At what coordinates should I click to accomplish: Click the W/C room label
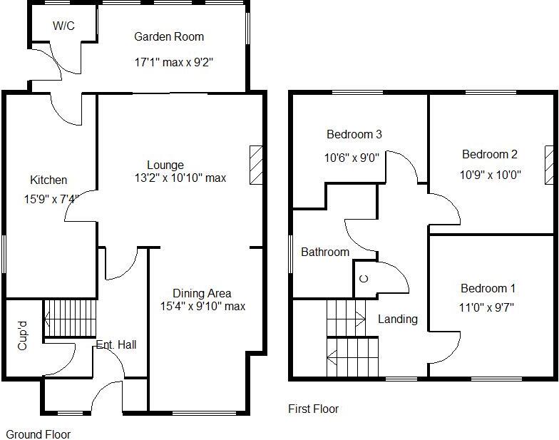click(x=63, y=26)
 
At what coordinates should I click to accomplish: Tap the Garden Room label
click(x=169, y=37)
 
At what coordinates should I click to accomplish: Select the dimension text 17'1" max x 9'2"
click(x=173, y=62)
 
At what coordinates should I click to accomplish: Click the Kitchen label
click(x=48, y=180)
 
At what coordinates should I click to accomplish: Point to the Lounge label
click(x=165, y=165)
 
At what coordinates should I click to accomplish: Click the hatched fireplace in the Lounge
click(x=256, y=165)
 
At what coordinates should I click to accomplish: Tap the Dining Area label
click(x=202, y=293)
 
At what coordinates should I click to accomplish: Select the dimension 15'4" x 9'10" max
click(x=202, y=306)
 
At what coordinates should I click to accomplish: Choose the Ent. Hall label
click(x=116, y=345)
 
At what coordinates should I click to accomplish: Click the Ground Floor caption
click(x=39, y=434)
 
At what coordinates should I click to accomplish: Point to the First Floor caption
click(x=313, y=409)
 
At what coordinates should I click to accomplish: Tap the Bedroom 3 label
click(x=354, y=134)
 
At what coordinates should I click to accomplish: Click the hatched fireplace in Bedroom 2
click(x=550, y=165)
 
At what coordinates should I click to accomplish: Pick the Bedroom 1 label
click(x=488, y=288)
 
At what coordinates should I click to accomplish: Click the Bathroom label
click(x=325, y=252)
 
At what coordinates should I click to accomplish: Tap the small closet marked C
click(x=363, y=277)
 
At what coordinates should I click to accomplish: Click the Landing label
click(x=398, y=319)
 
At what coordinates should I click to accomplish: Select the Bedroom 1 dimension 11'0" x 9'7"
click(x=488, y=307)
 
